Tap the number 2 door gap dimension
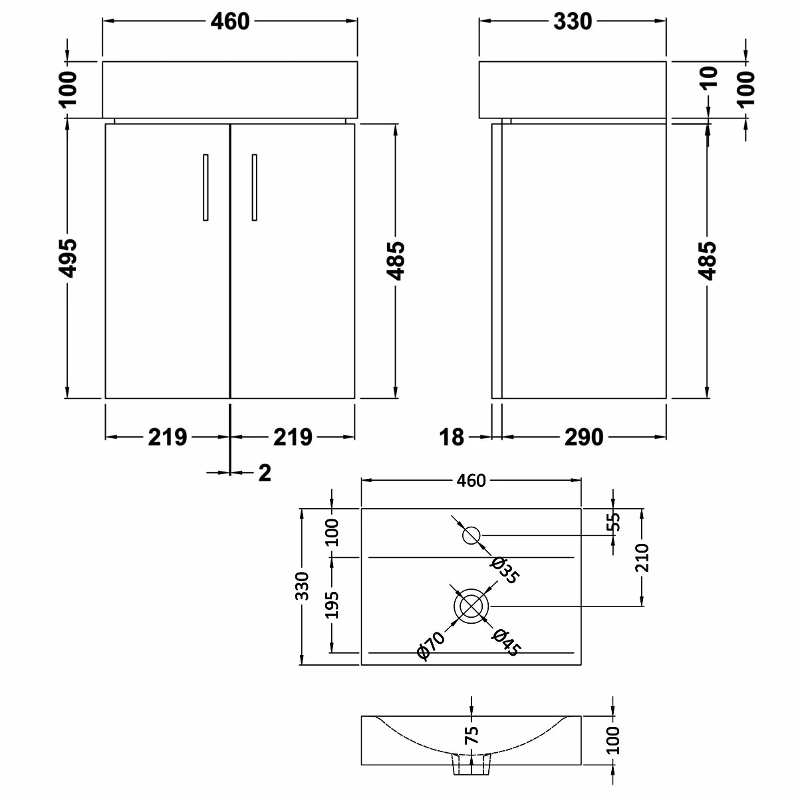coord(264,473)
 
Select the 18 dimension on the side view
coord(452,437)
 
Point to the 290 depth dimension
coord(583,437)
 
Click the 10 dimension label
coord(709,77)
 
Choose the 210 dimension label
coord(642,557)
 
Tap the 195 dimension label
coord(332,604)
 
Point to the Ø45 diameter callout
coord(505,642)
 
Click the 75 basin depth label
coord(471,734)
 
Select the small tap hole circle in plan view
coord(471,535)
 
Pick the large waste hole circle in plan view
coord(471,606)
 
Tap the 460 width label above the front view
coord(230,21)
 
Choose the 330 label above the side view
coord(572,21)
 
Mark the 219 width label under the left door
coord(167,437)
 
